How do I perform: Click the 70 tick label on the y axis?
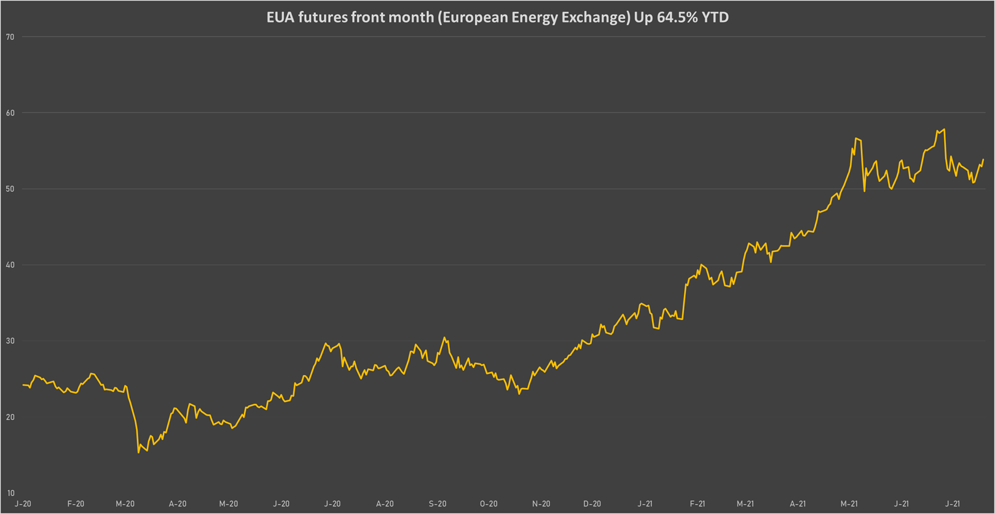10,37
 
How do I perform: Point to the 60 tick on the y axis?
10,113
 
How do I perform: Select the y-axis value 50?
10,189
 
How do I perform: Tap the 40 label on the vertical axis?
10,265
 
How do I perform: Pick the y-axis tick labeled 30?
10,341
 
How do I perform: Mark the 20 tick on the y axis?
10,417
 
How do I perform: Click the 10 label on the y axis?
10,493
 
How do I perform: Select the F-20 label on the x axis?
76,504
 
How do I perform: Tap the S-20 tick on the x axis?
438,504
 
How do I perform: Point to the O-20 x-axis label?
489,504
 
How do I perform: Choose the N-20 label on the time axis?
541,504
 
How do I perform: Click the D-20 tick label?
592,504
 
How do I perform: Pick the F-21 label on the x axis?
697,504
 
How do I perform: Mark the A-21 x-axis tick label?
798,504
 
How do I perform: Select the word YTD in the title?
715,17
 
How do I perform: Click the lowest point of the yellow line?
139,453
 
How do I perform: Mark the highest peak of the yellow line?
944,129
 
